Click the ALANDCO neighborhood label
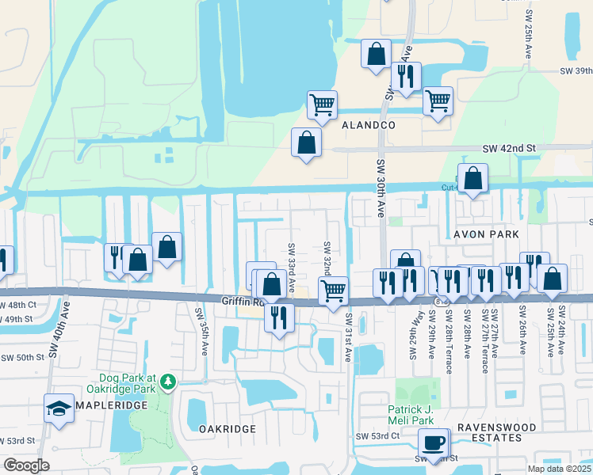[368, 125]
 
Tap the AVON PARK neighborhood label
[486, 234]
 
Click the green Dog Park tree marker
[167, 382]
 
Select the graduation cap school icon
[59, 408]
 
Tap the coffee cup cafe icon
[434, 443]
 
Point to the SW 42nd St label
[510, 148]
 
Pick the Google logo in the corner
[26, 465]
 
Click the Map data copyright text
[560, 469]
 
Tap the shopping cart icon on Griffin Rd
[333, 290]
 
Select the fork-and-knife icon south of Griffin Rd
[279, 317]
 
